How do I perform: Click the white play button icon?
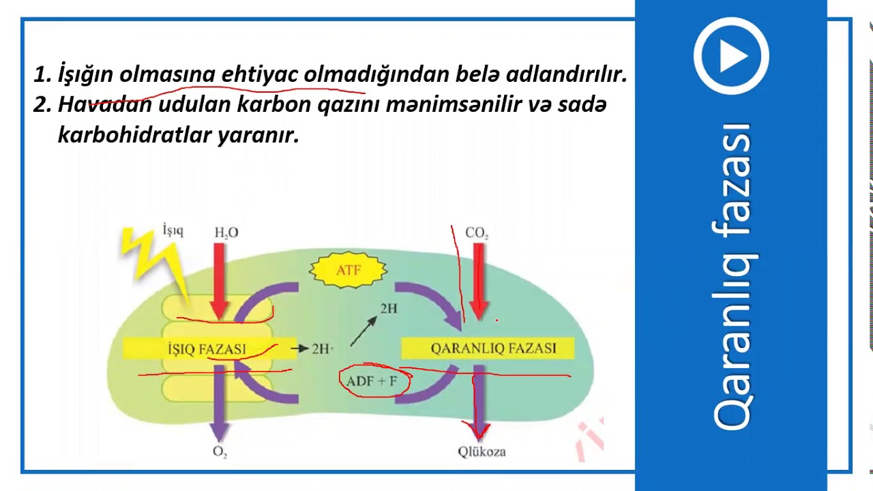pyautogui.click(x=731, y=56)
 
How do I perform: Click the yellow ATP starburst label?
pyautogui.click(x=348, y=270)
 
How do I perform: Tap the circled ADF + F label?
pyautogui.click(x=372, y=381)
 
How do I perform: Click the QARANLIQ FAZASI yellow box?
pyautogui.click(x=487, y=348)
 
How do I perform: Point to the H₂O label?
pyautogui.click(x=226, y=233)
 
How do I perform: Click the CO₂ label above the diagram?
pyautogui.click(x=477, y=233)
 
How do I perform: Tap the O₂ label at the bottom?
pyautogui.click(x=220, y=451)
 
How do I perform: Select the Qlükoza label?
pyautogui.click(x=482, y=451)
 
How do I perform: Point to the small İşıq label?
pyautogui.click(x=173, y=230)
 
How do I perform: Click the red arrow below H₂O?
pyautogui.click(x=220, y=280)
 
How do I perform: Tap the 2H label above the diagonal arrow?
pyautogui.click(x=388, y=309)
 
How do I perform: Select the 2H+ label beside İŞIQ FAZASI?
pyautogui.click(x=323, y=348)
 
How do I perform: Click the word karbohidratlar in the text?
pyautogui.click(x=135, y=135)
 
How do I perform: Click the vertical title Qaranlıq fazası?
pyautogui.click(x=732, y=276)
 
